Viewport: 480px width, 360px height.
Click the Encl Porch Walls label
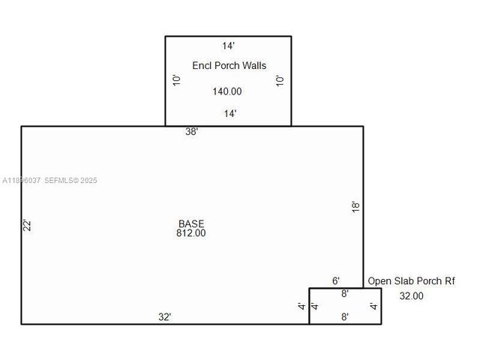pos(229,66)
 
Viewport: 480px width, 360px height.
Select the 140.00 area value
pos(226,91)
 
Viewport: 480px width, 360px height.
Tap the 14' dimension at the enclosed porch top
pos(229,45)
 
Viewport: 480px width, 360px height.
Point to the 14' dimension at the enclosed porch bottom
pos(230,114)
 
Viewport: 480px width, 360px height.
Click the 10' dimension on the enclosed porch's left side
pos(176,79)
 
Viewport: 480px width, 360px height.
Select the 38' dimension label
pos(192,132)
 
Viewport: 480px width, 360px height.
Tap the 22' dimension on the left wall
pos(25,225)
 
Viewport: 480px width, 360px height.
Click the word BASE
pos(191,223)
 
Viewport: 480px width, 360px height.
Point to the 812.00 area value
pos(191,233)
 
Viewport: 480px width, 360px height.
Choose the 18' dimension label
pos(356,206)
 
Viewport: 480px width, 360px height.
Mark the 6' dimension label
pos(336,280)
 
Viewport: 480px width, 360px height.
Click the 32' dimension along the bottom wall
pos(165,317)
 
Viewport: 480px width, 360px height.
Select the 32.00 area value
pos(411,296)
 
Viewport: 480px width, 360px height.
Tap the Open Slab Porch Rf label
pos(411,281)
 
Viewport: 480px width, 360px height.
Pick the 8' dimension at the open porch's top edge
pos(345,294)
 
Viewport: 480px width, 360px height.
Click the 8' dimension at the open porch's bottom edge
pos(345,317)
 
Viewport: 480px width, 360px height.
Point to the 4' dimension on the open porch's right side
pos(373,306)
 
